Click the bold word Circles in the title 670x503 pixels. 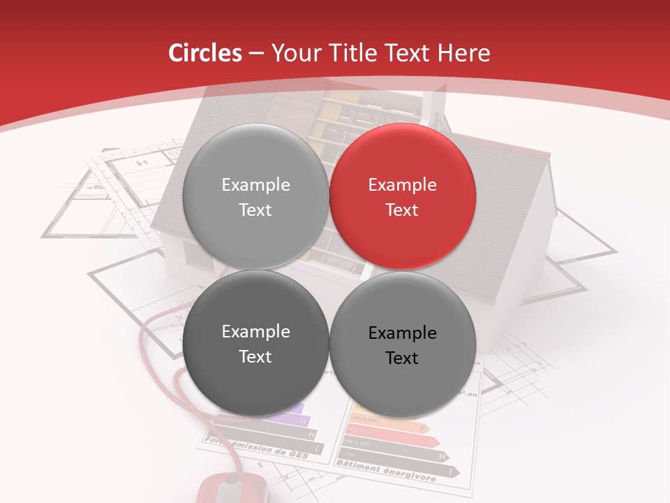[204, 53]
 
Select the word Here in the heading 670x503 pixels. [463, 53]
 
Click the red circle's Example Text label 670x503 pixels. [402, 197]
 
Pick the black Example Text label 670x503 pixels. [402, 345]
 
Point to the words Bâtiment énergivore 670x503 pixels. [386, 471]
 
